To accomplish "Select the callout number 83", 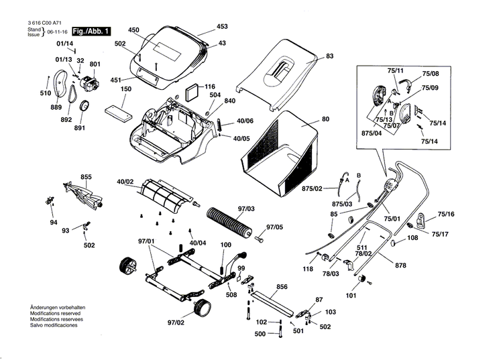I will click(329, 56).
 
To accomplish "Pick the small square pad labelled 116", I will click(193, 91).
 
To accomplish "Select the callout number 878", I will click(400, 266).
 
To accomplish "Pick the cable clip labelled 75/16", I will click(422, 219).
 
